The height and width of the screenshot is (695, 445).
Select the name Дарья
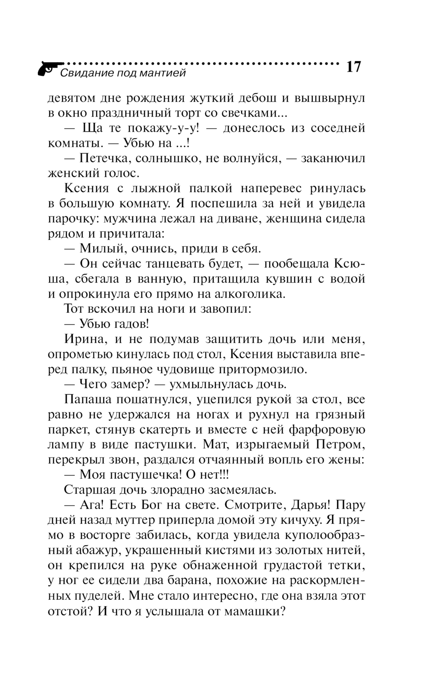(x=310, y=505)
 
